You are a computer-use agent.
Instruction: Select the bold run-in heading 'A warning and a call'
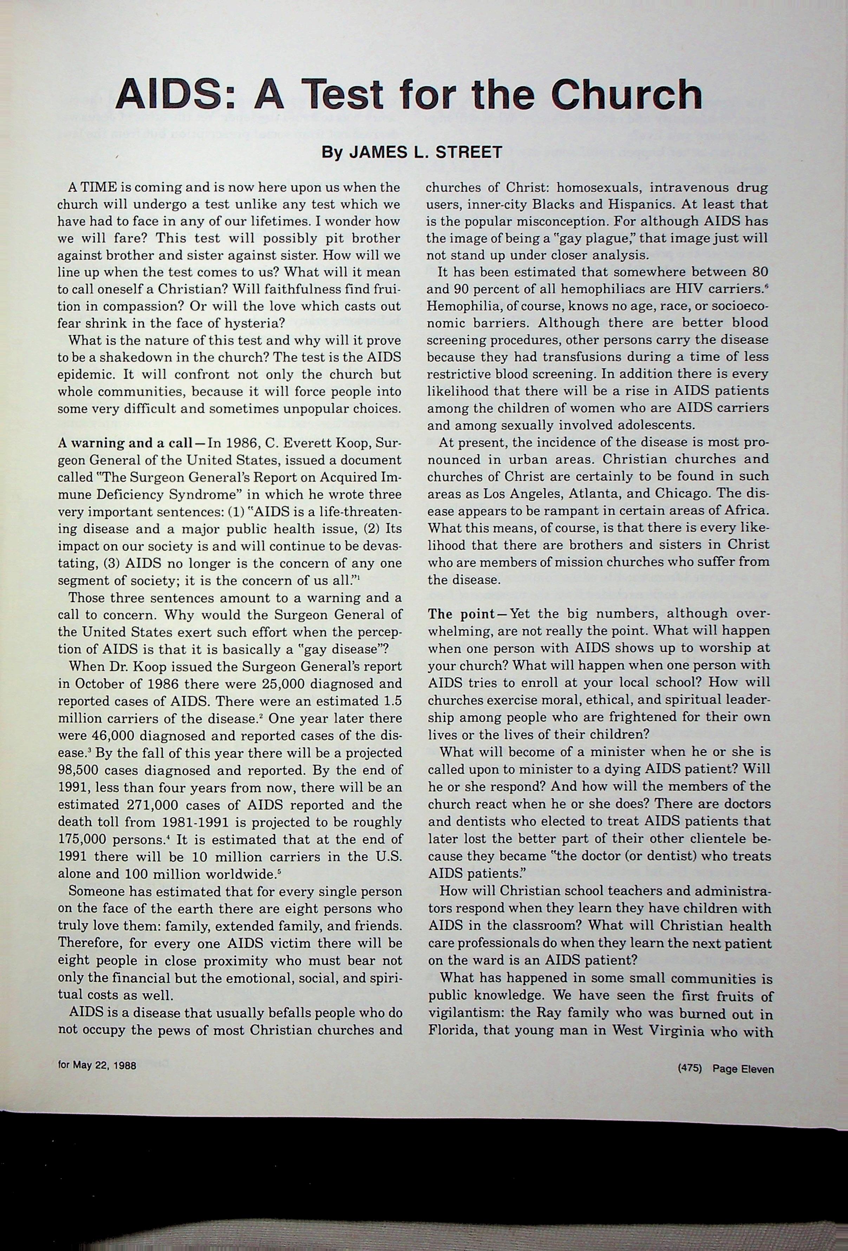pyautogui.click(x=125, y=443)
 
